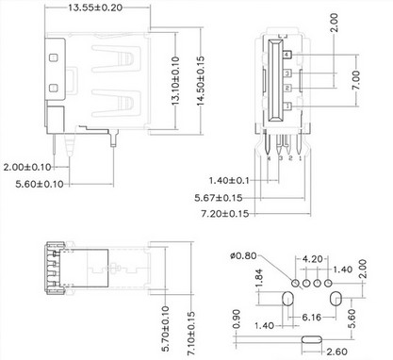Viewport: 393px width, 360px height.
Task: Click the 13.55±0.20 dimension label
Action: coord(95,8)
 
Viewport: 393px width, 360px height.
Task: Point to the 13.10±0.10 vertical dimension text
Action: coord(175,81)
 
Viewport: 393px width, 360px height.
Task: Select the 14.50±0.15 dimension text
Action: coord(201,81)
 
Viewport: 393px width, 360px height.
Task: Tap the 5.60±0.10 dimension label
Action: coord(40,184)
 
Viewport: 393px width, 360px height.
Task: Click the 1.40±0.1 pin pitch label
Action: coord(229,180)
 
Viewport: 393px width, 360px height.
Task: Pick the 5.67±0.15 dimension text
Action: coord(219,198)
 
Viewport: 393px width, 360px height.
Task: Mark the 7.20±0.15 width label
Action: coord(225,214)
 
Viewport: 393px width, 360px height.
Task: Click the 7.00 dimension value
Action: coord(356,80)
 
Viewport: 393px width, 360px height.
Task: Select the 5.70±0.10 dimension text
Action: coord(166,329)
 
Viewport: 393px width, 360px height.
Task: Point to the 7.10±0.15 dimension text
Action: coord(190,333)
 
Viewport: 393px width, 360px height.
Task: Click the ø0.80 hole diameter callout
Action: coord(243,255)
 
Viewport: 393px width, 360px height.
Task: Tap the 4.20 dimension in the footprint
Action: coord(312,259)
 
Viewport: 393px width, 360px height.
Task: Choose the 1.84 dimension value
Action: coord(259,278)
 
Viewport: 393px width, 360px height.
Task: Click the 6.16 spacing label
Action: coord(312,318)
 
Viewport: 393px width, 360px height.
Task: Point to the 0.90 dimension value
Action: coord(237,319)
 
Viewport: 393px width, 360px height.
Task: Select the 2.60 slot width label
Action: coord(336,352)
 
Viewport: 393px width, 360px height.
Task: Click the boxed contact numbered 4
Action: coord(287,55)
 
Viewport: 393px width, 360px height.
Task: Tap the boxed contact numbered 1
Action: coord(287,106)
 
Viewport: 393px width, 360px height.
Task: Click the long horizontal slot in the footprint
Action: coord(312,339)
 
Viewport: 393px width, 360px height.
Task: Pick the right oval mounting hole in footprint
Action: coord(336,299)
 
